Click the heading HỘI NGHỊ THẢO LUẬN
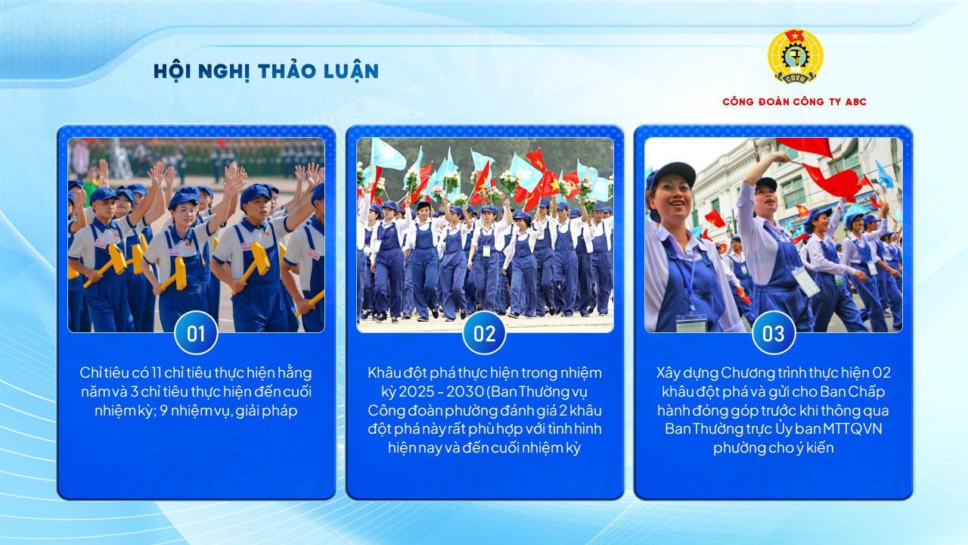pyautogui.click(x=265, y=71)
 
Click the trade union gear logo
pyautogui.click(x=795, y=57)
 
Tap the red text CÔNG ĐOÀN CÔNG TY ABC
pyautogui.click(x=794, y=101)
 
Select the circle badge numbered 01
pyautogui.click(x=196, y=333)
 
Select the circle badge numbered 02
pyautogui.click(x=484, y=333)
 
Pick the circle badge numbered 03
pyautogui.click(x=773, y=333)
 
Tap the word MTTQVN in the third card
pyautogui.click(x=855, y=428)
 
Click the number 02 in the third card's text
pyautogui.click(x=881, y=373)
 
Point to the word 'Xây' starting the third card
pyautogui.click(x=669, y=373)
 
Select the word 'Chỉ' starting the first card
pyautogui.click(x=92, y=373)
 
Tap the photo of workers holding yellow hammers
pyautogui.click(x=196, y=235)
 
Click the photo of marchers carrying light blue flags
pyautogui.click(x=484, y=235)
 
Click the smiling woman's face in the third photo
pyautogui.click(x=671, y=199)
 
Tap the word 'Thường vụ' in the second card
pyautogui.click(x=560, y=392)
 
